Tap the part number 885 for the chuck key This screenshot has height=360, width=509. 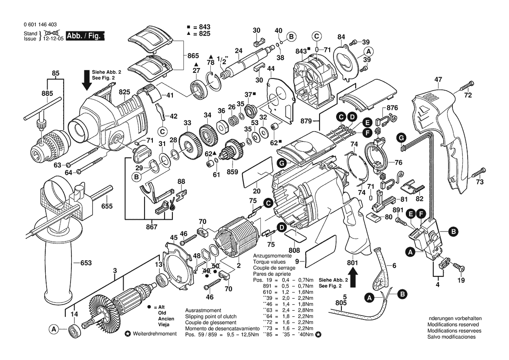coord(47,93)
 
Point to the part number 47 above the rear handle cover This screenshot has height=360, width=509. coord(438,80)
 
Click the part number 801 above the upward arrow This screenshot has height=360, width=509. coord(352,263)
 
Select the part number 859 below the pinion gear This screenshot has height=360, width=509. coord(232,172)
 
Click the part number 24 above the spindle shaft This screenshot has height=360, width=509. coord(238,51)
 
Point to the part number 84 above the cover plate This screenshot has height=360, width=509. coord(341,37)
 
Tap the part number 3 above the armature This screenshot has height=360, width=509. coord(115,271)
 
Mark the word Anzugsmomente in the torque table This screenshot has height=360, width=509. coord(272,255)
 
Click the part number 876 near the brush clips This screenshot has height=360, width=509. coord(392,108)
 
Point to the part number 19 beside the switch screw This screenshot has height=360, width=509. coord(461,280)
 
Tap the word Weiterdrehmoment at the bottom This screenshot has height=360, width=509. coord(155,334)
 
